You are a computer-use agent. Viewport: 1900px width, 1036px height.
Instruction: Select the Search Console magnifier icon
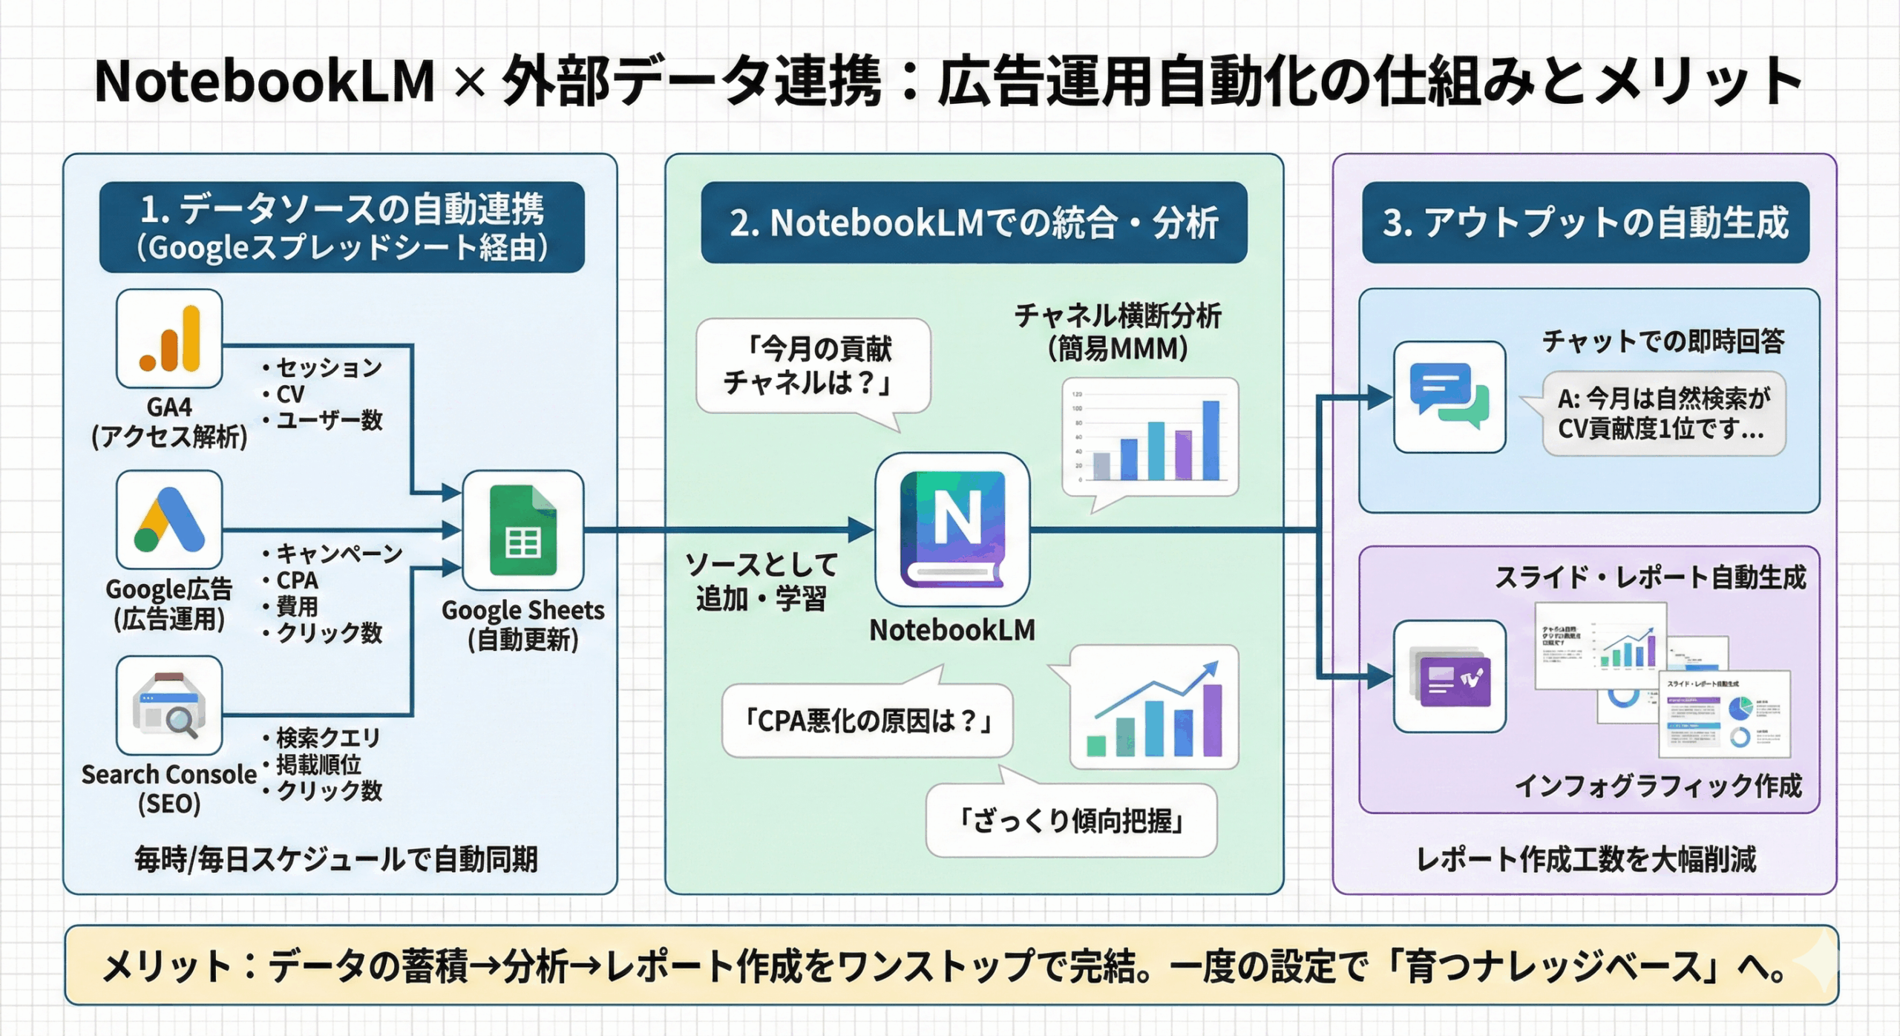(169, 706)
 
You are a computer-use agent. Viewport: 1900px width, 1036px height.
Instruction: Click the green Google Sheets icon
(523, 530)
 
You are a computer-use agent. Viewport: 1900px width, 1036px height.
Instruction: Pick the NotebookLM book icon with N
(952, 529)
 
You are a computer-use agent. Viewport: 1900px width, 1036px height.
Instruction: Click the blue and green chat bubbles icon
(1449, 397)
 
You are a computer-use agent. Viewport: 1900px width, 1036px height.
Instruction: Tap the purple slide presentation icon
(1449, 676)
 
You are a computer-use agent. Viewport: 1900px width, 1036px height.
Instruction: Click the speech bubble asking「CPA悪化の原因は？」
(867, 720)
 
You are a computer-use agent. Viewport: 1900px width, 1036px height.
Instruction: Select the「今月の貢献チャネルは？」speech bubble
(813, 366)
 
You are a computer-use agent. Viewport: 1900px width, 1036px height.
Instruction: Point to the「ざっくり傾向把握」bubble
(1071, 821)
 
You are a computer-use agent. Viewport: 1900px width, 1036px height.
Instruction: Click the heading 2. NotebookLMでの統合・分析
(974, 223)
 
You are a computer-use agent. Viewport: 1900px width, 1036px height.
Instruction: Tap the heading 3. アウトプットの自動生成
(1585, 223)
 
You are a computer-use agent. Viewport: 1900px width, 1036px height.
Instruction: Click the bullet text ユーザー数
(329, 420)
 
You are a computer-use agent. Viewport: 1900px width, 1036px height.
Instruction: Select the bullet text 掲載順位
(318, 764)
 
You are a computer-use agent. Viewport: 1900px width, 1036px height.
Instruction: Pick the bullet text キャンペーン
(339, 553)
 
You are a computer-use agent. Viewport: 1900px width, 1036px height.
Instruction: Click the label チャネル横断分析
(1118, 316)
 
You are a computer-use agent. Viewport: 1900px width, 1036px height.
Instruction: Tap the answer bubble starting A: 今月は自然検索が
(1663, 413)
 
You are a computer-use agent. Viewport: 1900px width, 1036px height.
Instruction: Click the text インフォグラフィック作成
(1658, 785)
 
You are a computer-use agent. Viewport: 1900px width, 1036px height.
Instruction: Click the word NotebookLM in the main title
(264, 82)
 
